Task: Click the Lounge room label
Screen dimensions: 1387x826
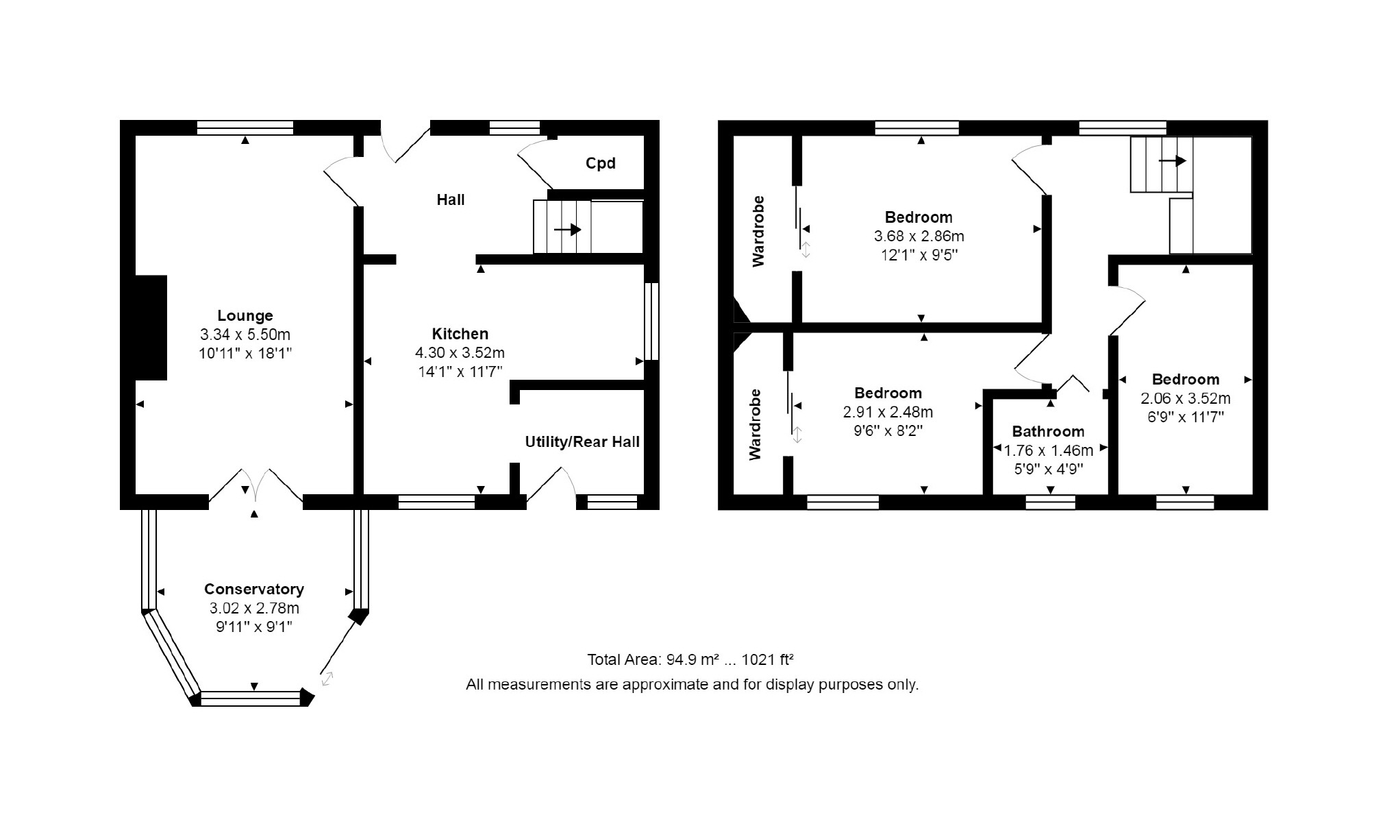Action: coord(245,315)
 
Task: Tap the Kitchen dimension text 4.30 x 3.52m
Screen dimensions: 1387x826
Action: coord(460,353)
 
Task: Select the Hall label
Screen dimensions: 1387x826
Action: coord(451,199)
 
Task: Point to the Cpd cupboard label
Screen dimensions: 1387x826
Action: coord(601,163)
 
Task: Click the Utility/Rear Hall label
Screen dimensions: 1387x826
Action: coord(582,442)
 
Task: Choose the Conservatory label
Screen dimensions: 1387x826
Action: coord(254,590)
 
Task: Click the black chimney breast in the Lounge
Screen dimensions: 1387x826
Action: coord(151,328)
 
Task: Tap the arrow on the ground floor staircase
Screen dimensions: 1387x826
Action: coord(567,230)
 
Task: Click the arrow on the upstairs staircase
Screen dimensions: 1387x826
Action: coord(1172,161)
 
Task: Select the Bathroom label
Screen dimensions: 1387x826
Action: coord(1048,432)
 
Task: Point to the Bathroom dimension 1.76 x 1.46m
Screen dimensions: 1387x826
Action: coord(1048,450)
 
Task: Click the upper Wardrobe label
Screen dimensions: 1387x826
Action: coord(758,232)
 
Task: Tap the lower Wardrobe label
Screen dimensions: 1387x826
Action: coord(755,425)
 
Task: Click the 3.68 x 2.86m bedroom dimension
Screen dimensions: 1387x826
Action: coord(919,236)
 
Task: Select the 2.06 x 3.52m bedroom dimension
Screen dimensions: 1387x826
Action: coord(1186,398)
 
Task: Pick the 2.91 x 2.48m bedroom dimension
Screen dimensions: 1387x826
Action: coord(888,412)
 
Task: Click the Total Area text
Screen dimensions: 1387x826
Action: coord(690,659)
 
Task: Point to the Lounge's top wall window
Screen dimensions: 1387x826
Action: coord(245,127)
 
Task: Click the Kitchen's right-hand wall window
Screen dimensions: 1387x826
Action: coord(652,321)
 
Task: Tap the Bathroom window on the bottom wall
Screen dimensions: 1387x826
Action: coord(1050,502)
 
